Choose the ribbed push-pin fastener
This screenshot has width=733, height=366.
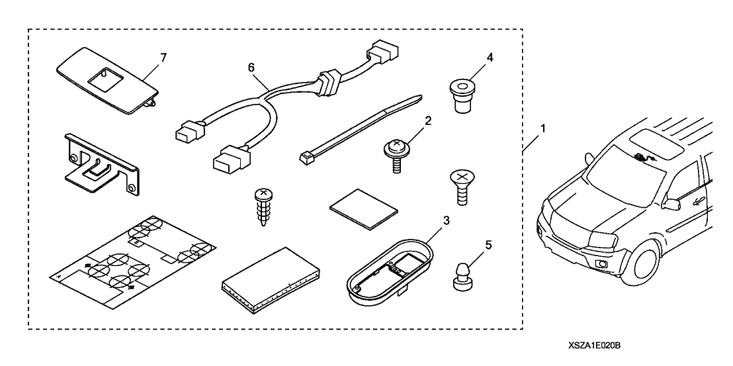click(x=263, y=205)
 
